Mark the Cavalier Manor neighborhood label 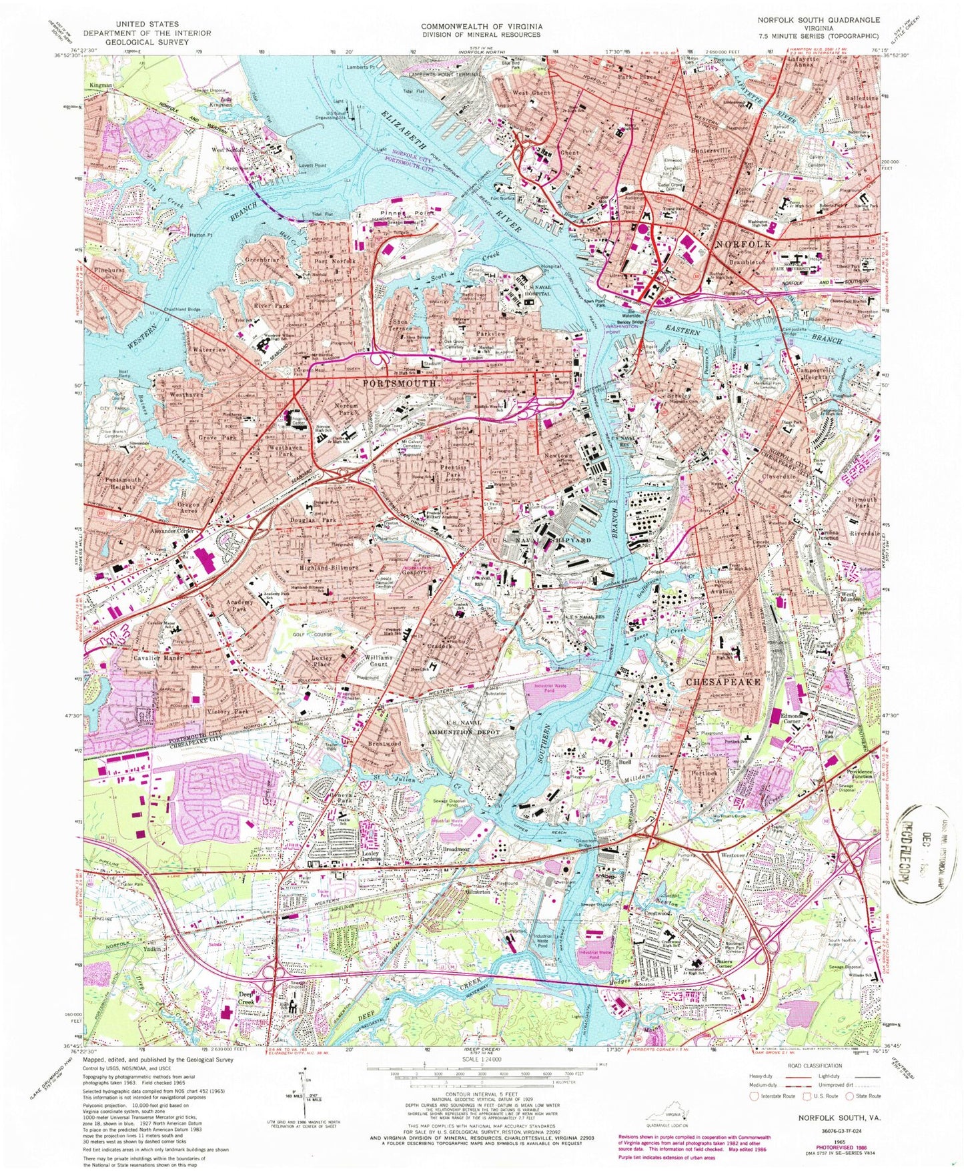coord(157,659)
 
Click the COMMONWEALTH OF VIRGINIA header coord(481,26)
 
